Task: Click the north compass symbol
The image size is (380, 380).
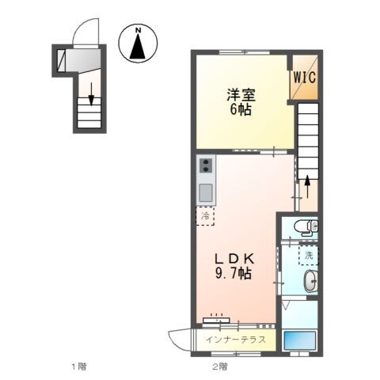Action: [139, 44]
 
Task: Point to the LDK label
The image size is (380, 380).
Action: [231, 258]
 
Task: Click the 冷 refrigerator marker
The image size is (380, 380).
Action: [205, 215]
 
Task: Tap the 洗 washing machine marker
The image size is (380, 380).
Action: [310, 255]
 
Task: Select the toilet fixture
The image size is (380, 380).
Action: [306, 229]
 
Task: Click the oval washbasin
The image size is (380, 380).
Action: [310, 281]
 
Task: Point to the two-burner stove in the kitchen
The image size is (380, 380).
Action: [206, 166]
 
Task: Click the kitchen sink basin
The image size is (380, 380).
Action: [206, 192]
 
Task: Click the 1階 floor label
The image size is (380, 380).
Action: [78, 367]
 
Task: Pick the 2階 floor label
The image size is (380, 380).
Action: [219, 367]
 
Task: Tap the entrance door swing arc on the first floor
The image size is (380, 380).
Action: [82, 32]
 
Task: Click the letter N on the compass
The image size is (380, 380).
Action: [139, 31]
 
